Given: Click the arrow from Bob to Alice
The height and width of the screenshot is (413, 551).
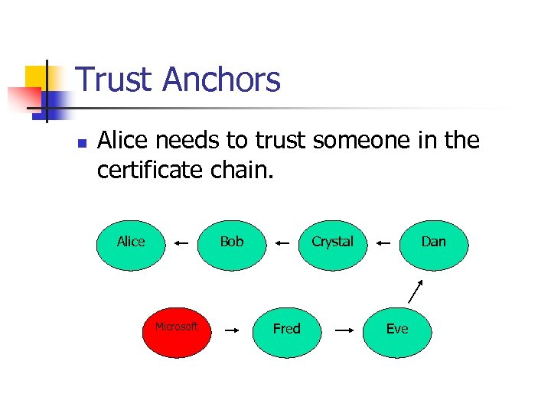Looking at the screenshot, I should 181,242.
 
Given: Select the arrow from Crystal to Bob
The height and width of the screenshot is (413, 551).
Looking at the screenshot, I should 282,242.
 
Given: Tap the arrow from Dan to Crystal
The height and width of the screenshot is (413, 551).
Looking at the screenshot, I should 383,242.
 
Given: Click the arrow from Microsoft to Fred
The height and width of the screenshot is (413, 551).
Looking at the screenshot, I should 232,330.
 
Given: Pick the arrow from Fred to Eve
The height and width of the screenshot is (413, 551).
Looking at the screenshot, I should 344,330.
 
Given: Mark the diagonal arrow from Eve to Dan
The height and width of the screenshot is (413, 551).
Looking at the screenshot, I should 416,291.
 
